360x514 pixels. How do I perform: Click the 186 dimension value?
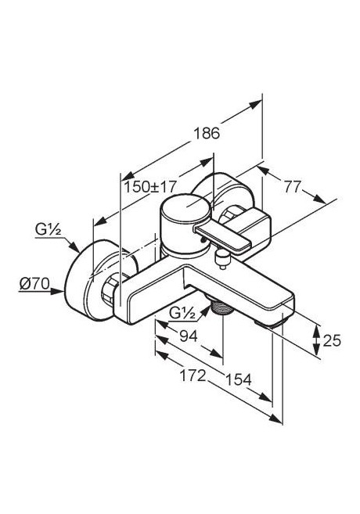(x=206, y=132)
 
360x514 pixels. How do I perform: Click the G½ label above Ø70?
(x=48, y=231)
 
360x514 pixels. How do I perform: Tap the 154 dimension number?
(x=238, y=379)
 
